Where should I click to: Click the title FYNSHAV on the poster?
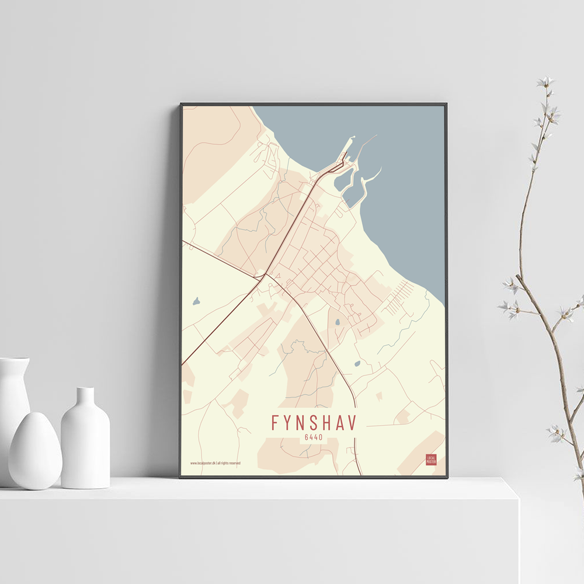pos(314,422)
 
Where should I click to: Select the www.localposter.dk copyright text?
pos(215,463)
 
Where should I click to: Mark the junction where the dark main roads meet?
pos(265,274)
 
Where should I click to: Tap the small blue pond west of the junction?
pos(196,302)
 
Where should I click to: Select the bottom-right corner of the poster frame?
pos(447,477)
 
